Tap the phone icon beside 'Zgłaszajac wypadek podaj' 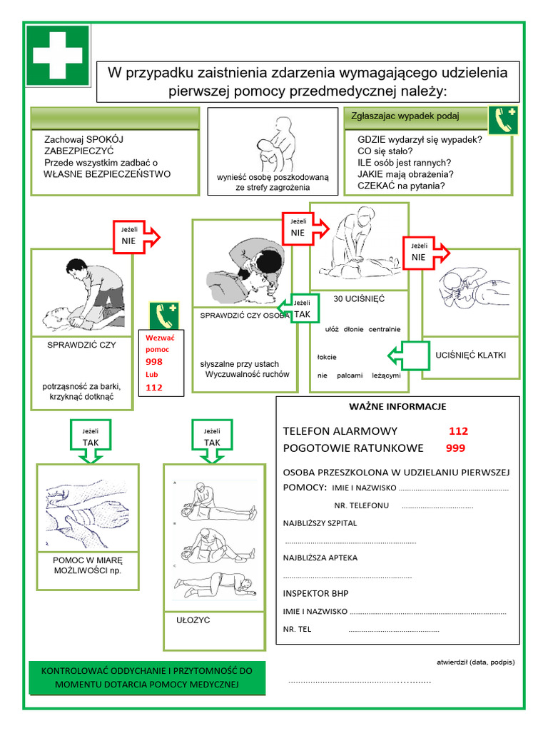click(x=503, y=121)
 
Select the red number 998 click(x=153, y=362)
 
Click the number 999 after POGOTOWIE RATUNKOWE click(x=455, y=448)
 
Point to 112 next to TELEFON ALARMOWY click(x=458, y=431)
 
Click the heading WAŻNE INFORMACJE click(x=397, y=407)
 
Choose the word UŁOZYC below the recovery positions click(x=193, y=620)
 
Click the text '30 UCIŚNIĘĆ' click(x=359, y=299)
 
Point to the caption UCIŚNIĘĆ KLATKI click(x=470, y=355)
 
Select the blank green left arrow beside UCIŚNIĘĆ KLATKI click(x=406, y=355)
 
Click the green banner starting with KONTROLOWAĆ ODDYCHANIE click(x=147, y=678)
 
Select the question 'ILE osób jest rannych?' click(x=404, y=162)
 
